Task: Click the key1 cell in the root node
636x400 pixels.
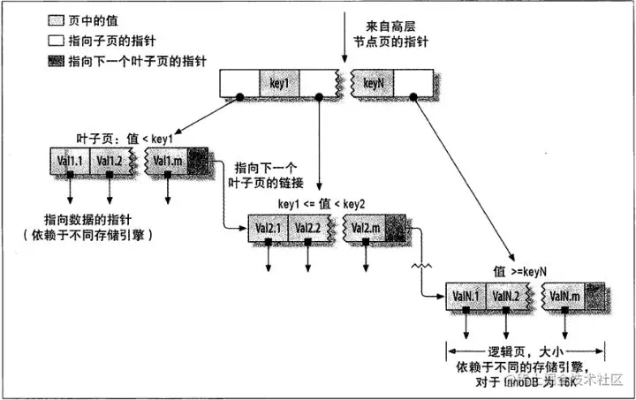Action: point(280,84)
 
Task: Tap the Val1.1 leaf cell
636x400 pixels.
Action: point(70,162)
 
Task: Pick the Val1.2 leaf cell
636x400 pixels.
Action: point(110,162)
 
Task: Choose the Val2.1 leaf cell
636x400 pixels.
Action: point(269,227)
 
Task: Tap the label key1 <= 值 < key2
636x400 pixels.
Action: point(322,204)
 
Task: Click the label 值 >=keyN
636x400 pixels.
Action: point(521,272)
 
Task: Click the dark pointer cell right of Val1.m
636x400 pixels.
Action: point(199,162)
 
